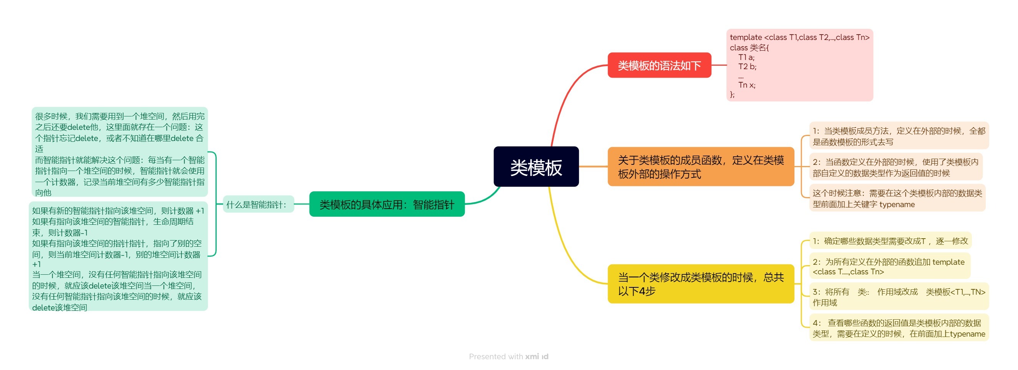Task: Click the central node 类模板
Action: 536,166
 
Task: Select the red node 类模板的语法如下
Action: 659,65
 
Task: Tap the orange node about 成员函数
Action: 701,166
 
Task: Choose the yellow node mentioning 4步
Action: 701,284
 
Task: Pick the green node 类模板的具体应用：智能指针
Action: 386,204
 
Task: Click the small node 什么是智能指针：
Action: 258,204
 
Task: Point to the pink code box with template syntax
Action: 799,65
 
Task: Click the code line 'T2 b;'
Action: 747,66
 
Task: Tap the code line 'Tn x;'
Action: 746,85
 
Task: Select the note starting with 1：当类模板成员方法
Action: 899,136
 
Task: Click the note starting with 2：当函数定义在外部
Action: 895,167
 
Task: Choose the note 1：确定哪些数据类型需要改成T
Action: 890,241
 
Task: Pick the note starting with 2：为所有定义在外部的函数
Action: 889,266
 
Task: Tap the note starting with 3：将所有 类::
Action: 899,297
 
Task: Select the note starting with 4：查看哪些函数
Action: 899,328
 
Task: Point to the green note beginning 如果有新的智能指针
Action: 118,257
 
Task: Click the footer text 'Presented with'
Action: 496,357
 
